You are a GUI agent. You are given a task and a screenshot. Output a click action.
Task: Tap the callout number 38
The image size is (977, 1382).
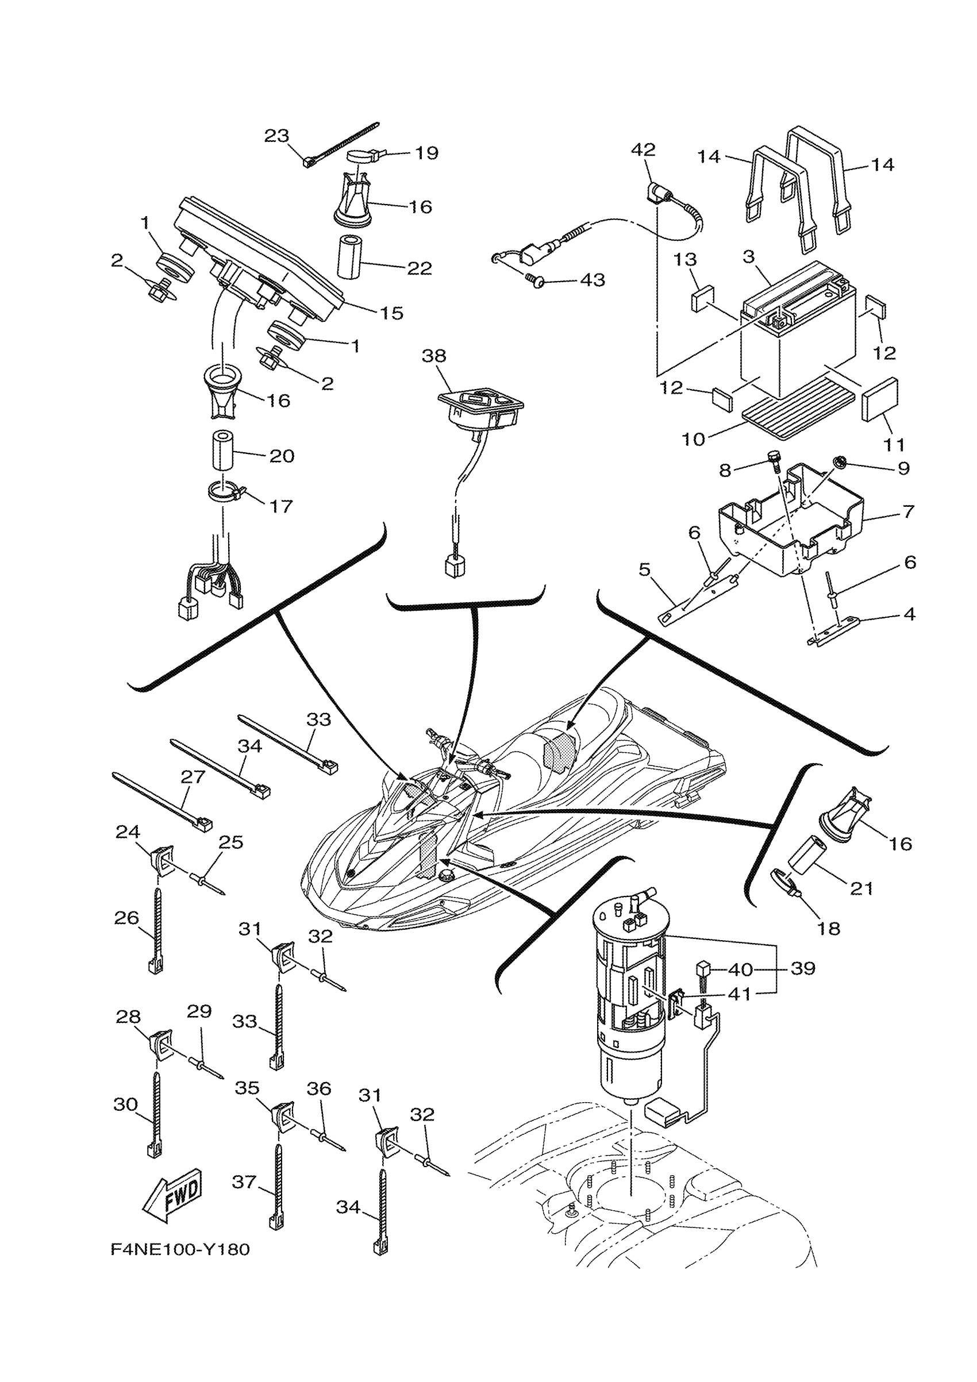click(x=433, y=356)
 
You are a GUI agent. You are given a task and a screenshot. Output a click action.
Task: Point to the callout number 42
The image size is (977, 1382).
click(x=643, y=150)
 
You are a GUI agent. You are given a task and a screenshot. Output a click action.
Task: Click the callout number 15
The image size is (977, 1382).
click(x=391, y=313)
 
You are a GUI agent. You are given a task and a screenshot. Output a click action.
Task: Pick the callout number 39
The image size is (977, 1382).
click(x=802, y=968)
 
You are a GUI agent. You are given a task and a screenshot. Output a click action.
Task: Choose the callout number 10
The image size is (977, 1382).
click(x=693, y=440)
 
